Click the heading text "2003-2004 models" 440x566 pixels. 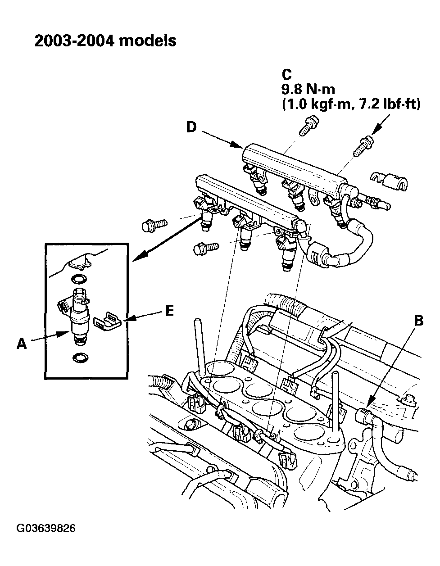105,41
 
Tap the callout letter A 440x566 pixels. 21,344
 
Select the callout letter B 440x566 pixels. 418,320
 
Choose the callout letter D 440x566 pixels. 191,127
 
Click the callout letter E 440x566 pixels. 169,311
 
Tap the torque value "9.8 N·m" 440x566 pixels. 308,89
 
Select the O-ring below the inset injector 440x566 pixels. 80,358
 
